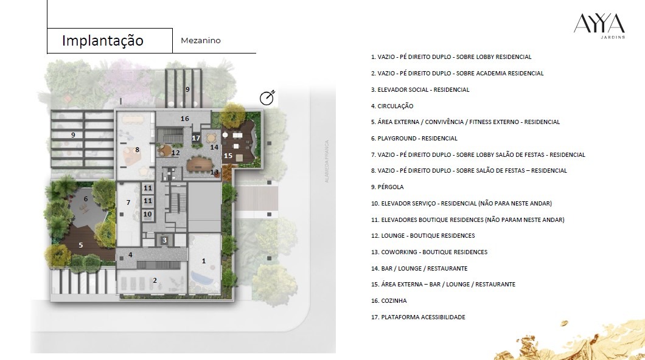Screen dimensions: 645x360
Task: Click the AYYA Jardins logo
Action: tap(599, 26)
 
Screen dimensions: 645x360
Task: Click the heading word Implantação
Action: tap(103, 41)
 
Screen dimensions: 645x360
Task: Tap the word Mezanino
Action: tap(201, 40)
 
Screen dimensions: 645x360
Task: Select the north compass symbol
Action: tap(267, 98)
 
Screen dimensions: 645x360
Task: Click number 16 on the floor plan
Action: tap(185, 119)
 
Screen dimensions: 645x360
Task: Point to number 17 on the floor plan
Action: tap(196, 138)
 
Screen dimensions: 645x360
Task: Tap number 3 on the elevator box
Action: tap(164, 240)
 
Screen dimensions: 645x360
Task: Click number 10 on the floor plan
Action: tap(148, 214)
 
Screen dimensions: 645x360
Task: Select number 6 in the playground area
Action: tap(86, 199)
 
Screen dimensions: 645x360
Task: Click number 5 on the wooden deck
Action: tap(80, 245)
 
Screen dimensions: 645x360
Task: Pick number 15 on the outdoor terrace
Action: tap(228, 156)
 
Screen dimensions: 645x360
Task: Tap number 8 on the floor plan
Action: tap(137, 150)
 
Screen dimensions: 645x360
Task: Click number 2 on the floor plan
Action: tap(155, 280)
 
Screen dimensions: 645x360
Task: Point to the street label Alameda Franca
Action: tap(327, 161)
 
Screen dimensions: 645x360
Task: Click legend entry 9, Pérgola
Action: tap(387, 187)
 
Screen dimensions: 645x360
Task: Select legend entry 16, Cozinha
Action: tap(389, 301)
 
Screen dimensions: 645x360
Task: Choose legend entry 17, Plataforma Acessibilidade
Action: tap(418, 317)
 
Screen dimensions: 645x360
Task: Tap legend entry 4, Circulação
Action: tap(392, 106)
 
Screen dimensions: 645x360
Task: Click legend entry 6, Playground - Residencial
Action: tap(414, 139)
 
